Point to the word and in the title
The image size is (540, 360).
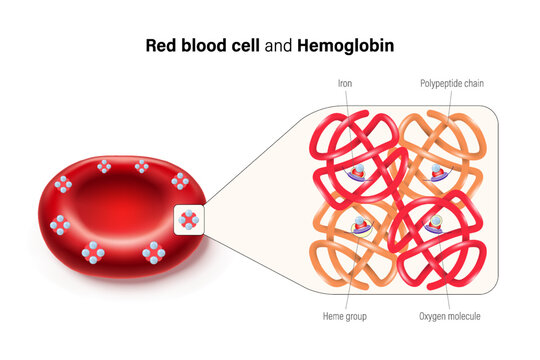coord(280,45)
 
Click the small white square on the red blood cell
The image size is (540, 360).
coord(189,219)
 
